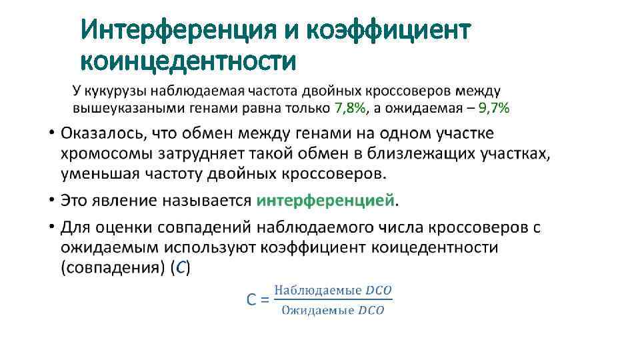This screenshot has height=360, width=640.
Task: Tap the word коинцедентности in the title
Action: click(188, 61)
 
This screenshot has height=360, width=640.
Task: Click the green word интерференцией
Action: click(326, 200)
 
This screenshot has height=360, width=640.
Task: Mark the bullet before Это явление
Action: click(52, 200)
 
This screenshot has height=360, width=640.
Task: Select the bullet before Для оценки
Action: click(52, 227)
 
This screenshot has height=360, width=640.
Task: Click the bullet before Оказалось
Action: click(52, 133)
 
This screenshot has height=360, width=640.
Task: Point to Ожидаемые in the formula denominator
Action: click(317, 311)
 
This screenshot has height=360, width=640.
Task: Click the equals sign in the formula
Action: click(264, 300)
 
